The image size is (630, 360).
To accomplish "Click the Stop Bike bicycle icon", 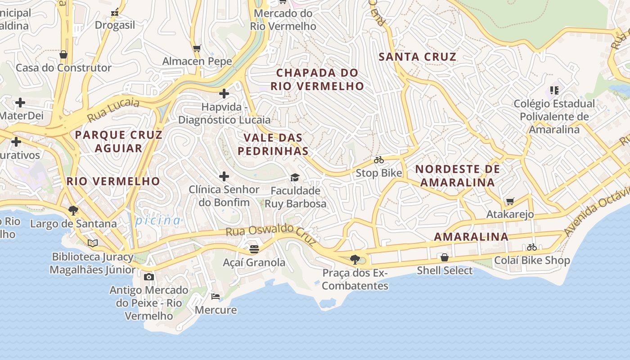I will pos(379,160).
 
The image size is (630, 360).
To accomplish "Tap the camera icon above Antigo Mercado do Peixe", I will pos(149,277).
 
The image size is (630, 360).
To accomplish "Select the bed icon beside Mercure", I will pos(216,297).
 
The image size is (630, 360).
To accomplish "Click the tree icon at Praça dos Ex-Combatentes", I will pos(355,260).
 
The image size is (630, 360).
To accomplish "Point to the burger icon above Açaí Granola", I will pos(254,249).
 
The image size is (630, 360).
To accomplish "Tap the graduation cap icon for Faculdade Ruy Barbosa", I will pos(295,177).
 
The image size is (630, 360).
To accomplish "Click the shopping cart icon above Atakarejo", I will pos(510,201).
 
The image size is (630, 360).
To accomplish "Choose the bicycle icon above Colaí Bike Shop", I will pos(532,247).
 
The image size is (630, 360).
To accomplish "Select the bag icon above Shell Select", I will pos(445,257).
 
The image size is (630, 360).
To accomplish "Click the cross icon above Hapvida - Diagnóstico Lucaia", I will pos(224,94).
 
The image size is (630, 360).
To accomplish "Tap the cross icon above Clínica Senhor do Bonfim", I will pos(224,176).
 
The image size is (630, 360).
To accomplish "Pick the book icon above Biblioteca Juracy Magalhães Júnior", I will pos(93,243).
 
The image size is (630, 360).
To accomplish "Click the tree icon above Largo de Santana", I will pos(73,210).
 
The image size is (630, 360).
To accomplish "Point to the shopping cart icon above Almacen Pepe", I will pos(197,48).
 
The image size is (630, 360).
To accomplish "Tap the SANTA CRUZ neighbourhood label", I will pos(418,57).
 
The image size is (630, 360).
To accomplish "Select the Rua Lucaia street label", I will pos(113,109).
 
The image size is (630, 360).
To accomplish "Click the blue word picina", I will pos(158,220).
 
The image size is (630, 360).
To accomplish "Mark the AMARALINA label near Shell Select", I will pos(471,237).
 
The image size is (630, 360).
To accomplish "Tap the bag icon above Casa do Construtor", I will pos(63,54).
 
